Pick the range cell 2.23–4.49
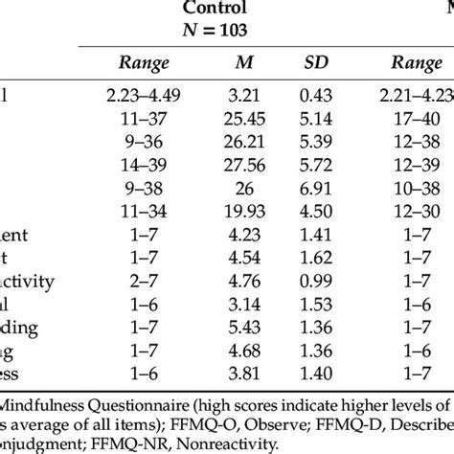coord(144,93)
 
